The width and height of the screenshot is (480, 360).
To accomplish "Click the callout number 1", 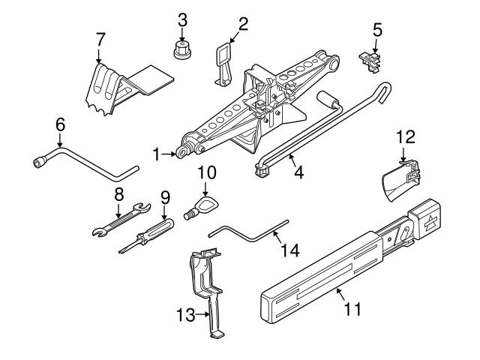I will tap(156, 155).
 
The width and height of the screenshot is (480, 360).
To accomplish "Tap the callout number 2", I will tap(242, 25).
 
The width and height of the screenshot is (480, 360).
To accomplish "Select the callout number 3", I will tap(181, 19).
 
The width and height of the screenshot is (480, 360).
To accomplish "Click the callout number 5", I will tap(377, 31).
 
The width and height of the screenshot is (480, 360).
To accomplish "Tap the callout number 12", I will tap(405, 136).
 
